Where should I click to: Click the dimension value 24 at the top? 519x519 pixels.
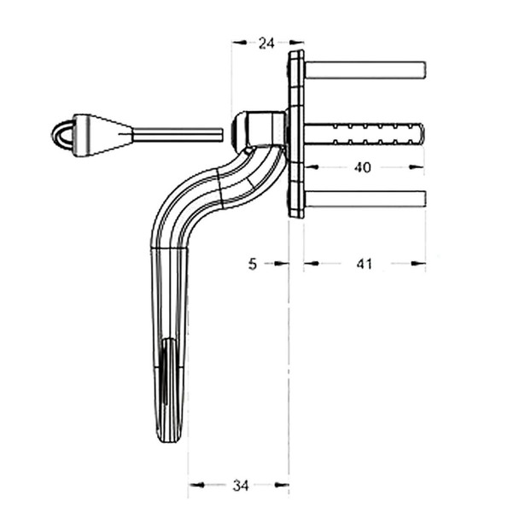pos(266,44)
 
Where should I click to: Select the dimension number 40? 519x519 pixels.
pos(363,167)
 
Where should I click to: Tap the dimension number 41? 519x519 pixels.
pos(364,264)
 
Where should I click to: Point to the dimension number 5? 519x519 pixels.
pos(253,264)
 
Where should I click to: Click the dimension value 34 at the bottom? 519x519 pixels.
pos(241,485)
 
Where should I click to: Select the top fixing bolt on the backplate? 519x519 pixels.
pos(364,70)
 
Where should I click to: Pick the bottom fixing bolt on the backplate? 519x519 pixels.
pos(364,199)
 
